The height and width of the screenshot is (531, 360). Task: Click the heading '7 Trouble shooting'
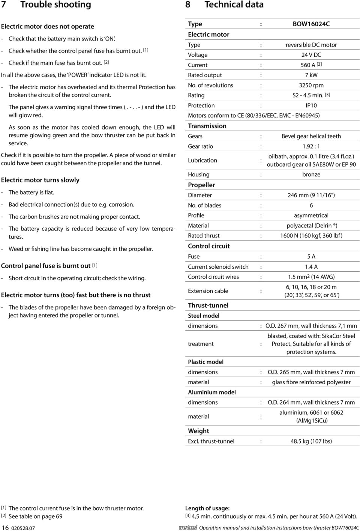coord(46,5)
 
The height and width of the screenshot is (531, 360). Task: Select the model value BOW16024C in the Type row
coord(311,24)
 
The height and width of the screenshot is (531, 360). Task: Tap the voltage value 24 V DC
coord(311,55)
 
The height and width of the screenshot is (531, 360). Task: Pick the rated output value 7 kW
coord(311,75)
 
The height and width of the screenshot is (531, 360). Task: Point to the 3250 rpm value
coord(311,85)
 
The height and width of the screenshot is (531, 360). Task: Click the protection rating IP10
coord(311,105)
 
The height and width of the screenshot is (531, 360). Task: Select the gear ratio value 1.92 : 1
coord(311,146)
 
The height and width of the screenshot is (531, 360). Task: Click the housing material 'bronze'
coord(311,174)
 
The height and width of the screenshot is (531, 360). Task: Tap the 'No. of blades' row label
coord(204,205)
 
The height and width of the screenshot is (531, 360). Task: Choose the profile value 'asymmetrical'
coord(311,215)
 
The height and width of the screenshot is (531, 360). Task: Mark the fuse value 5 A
coord(311,257)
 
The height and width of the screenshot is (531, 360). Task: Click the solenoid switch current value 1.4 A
coord(311,267)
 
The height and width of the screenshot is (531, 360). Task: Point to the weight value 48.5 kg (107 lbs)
coord(311,441)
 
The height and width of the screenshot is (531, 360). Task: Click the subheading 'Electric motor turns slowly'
coord(40,180)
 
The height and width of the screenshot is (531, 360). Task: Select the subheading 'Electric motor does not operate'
coord(47,27)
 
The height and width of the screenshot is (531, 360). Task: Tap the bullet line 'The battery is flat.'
coord(31,193)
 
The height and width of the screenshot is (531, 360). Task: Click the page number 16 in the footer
coord(5,528)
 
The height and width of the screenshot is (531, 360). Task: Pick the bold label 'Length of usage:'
coord(207,508)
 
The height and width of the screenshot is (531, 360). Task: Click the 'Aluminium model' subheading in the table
coord(212,392)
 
